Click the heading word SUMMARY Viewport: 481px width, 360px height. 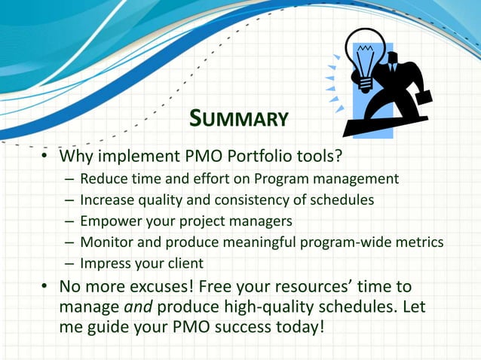click(239, 118)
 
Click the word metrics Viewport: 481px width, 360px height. click(421, 243)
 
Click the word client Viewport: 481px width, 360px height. click(184, 264)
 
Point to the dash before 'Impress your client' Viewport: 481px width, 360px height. click(69, 264)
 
